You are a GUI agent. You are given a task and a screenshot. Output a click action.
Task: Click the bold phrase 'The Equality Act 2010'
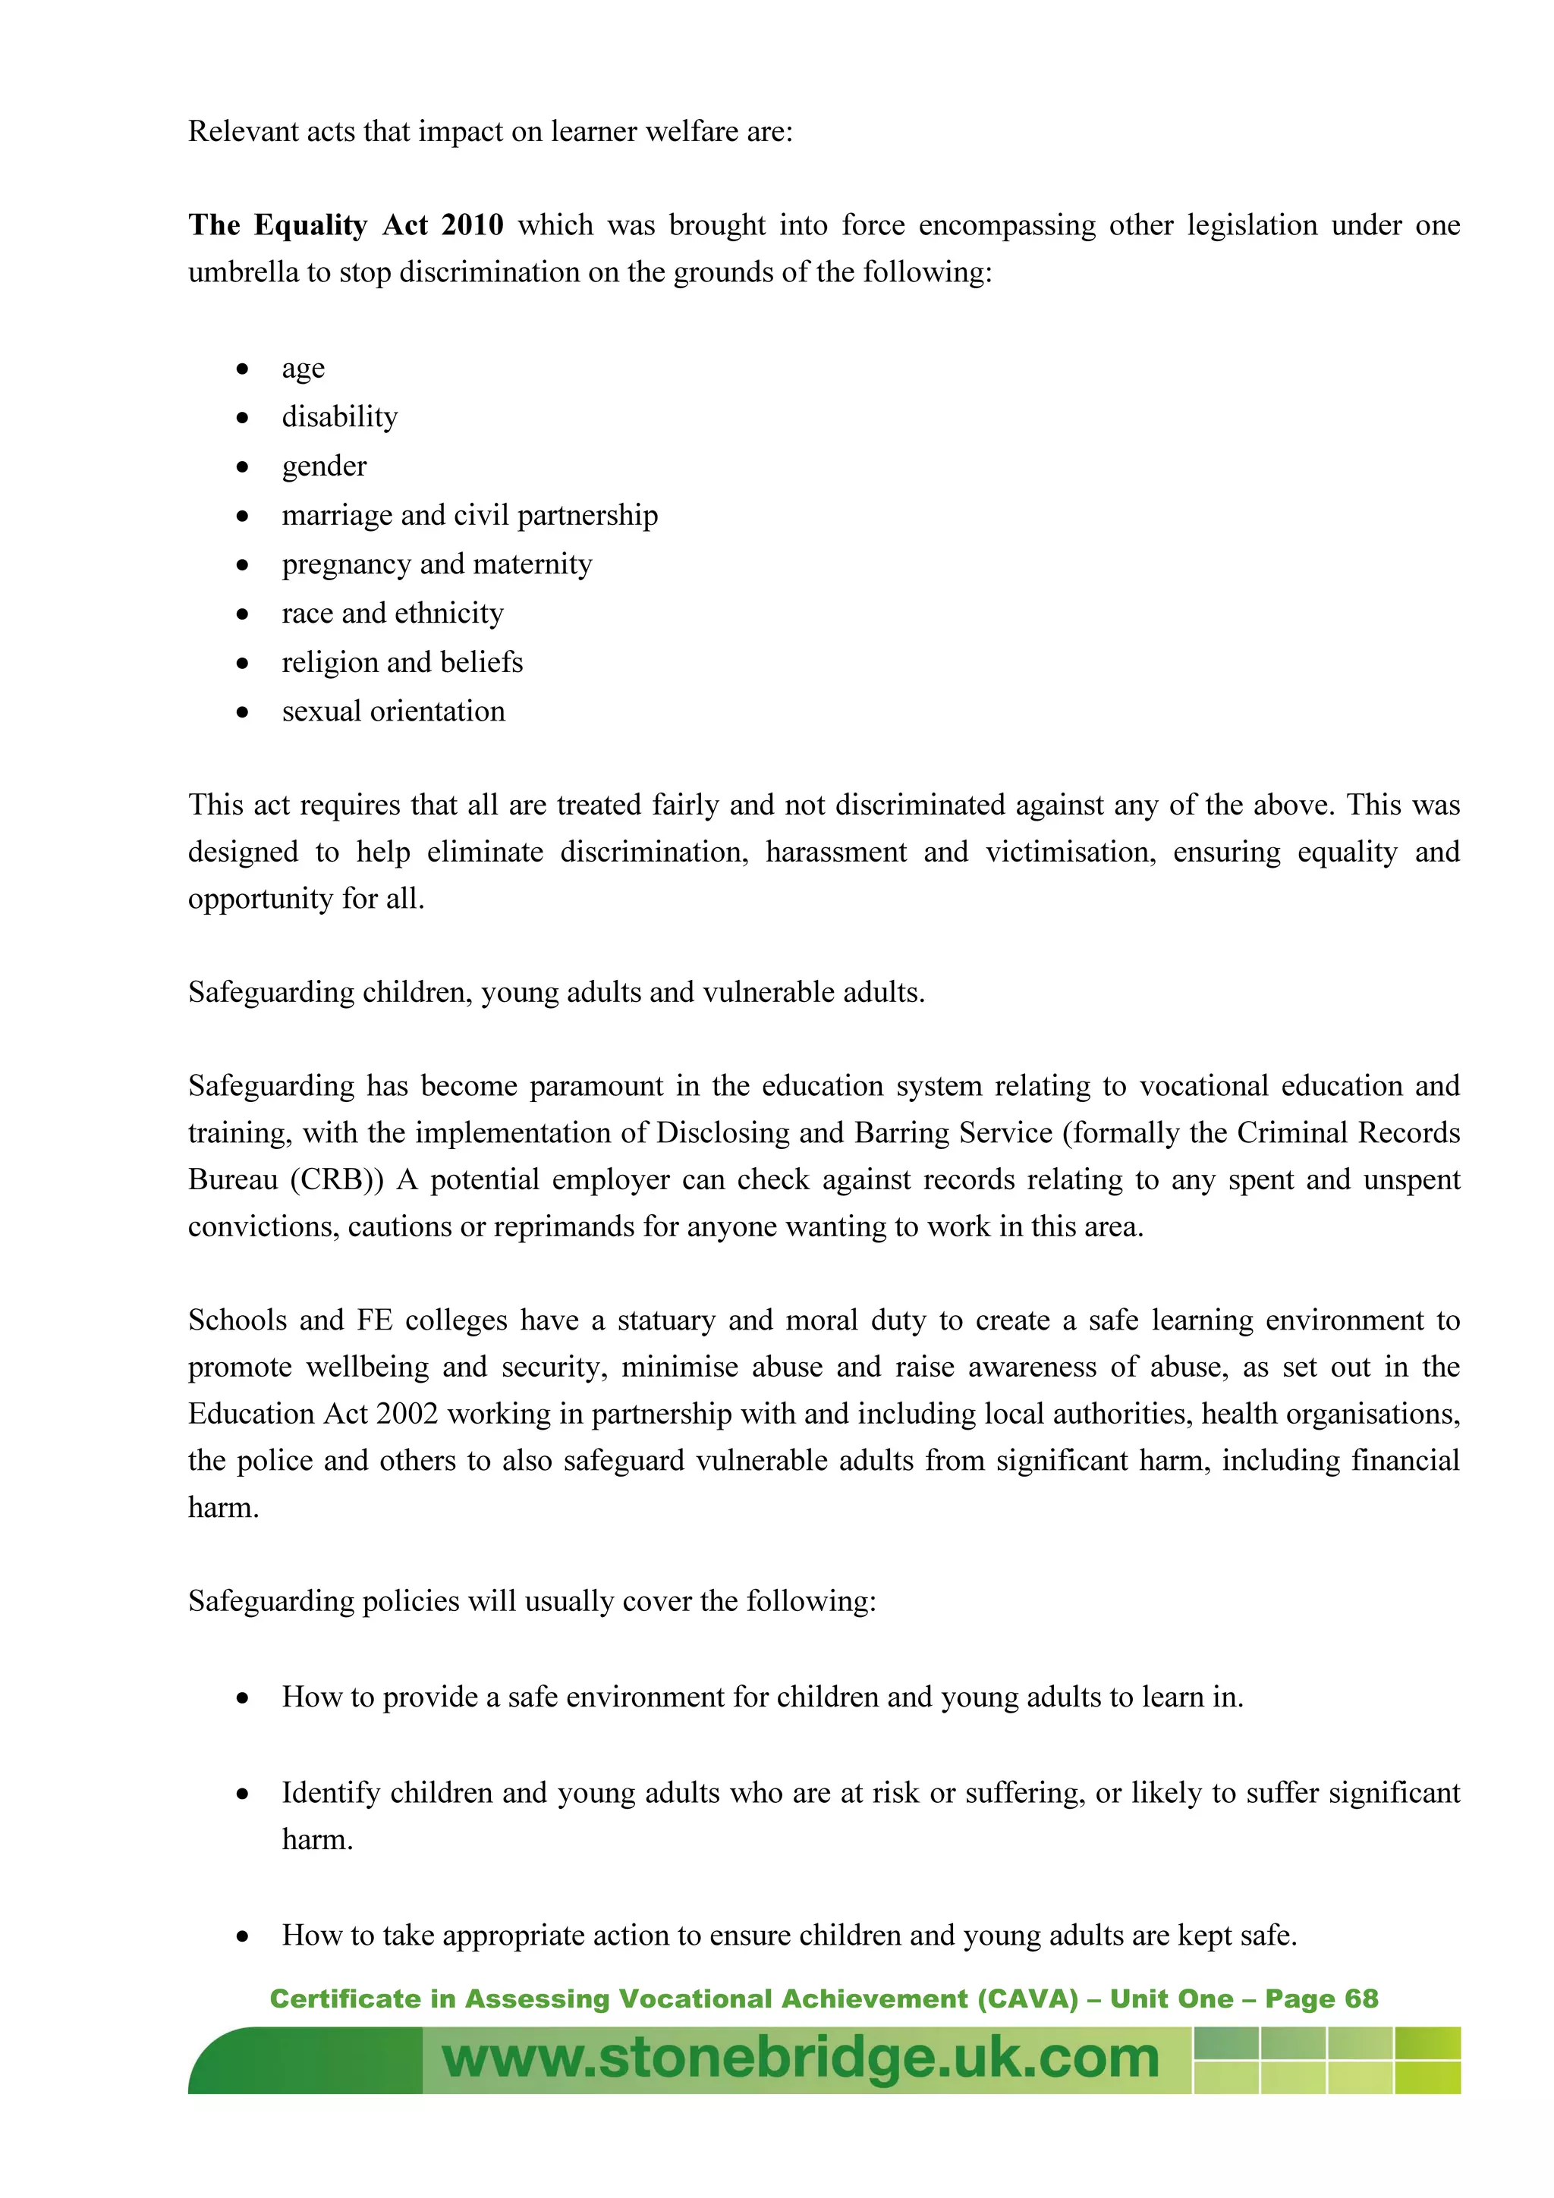click(346, 225)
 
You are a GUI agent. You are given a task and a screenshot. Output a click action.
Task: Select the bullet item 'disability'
click(340, 416)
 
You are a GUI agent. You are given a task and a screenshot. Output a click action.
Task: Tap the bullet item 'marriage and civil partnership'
click(469, 515)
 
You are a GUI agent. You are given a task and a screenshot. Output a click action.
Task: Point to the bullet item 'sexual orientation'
click(394, 711)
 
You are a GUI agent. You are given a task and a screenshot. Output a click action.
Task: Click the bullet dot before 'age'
click(244, 369)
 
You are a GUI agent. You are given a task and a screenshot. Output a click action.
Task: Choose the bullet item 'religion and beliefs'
click(402, 662)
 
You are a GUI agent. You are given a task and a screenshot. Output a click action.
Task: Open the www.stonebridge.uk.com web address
click(801, 2058)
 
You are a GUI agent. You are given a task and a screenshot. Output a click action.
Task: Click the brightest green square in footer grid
click(1427, 2077)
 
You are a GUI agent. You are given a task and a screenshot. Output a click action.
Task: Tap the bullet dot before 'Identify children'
click(244, 1794)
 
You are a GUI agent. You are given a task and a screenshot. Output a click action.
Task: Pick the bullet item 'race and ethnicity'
click(392, 613)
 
